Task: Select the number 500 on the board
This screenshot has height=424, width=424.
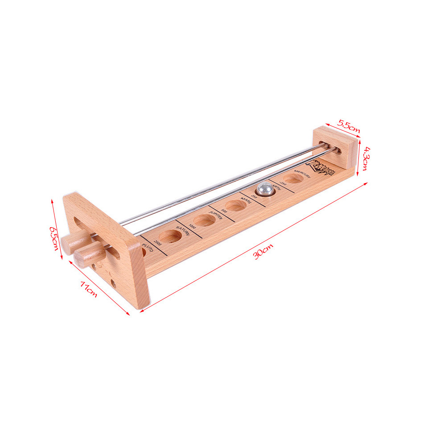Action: pos(224,210)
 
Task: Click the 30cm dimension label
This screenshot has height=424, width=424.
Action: pos(263,252)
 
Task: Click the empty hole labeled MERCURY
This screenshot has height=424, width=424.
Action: pos(293,179)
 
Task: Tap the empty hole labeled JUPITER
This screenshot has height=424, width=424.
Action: pos(203,220)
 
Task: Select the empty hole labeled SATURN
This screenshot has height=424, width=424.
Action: pos(170,237)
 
